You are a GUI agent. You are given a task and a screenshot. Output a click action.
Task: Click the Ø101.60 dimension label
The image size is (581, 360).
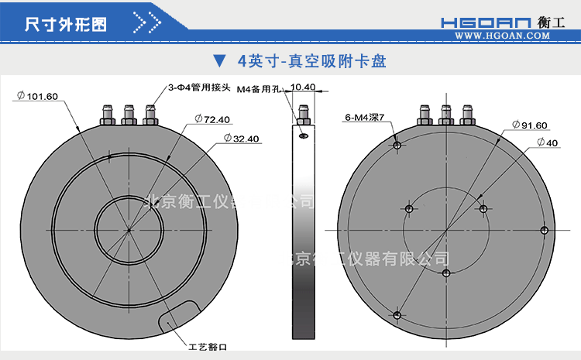tap(37, 96)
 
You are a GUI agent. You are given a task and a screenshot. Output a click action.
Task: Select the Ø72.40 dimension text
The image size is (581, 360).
tap(212, 119)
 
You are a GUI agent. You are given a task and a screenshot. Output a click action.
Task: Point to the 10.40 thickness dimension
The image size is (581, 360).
tap(303, 87)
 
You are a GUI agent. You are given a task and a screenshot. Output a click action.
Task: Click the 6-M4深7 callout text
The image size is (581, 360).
tap(365, 118)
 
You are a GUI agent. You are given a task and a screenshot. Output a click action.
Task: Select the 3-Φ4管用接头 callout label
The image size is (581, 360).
tap(200, 88)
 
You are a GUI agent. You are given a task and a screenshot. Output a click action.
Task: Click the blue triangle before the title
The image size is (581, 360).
tap(219, 60)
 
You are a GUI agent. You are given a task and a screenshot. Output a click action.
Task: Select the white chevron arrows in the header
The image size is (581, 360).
tap(147, 22)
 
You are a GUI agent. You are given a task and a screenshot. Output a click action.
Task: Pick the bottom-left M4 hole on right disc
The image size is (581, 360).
tap(397, 314)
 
